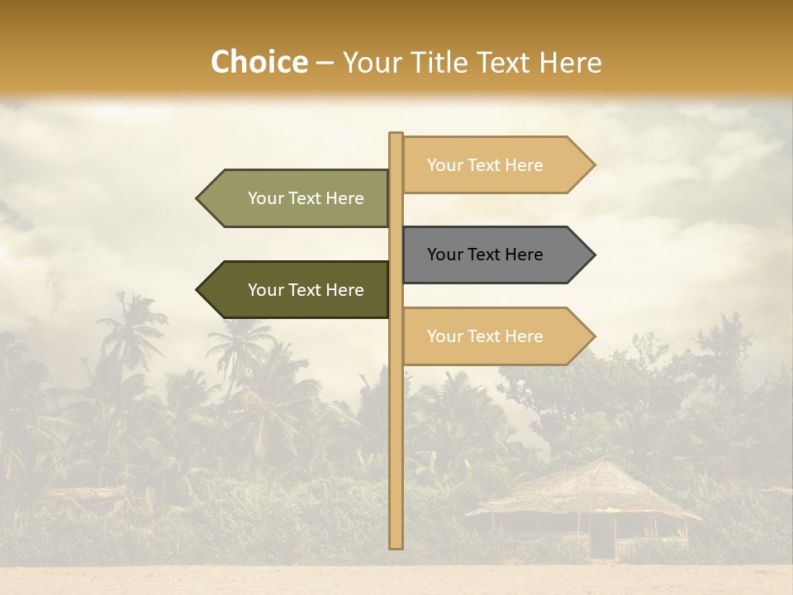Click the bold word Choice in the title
(259, 62)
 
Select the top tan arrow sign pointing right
(496, 165)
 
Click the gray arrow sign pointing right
(496, 255)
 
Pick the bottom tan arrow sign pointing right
(496, 336)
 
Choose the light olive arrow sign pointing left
(297, 198)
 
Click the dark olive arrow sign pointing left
(297, 290)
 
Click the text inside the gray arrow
(485, 255)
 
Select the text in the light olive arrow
(306, 198)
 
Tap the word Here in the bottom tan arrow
(524, 336)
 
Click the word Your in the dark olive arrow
(265, 290)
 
